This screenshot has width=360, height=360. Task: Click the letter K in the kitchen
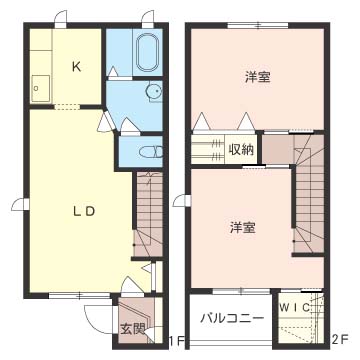pyautogui.click(x=76, y=67)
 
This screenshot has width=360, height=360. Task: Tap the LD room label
pyautogui.click(x=85, y=211)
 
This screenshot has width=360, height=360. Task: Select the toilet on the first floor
pyautogui.click(x=151, y=152)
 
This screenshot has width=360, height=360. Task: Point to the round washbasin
pyautogui.click(x=154, y=91)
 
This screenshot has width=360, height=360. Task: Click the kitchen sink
pyautogui.click(x=41, y=88)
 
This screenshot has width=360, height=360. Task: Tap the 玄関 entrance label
pyautogui.click(x=132, y=330)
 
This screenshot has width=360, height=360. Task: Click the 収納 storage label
pyautogui.click(x=241, y=149)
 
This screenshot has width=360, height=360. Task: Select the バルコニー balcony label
pyautogui.click(x=232, y=318)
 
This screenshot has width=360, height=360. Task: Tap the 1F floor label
pyautogui.click(x=176, y=341)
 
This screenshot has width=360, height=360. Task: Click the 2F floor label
pyautogui.click(x=340, y=340)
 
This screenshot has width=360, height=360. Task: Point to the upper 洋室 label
pyautogui.click(x=257, y=77)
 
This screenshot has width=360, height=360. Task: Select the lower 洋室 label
pyautogui.click(x=243, y=227)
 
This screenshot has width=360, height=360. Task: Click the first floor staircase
pyautogui.click(x=148, y=214)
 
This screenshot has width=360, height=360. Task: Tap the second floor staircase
pyautogui.click(x=308, y=193)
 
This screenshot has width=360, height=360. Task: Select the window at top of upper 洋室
pyautogui.click(x=258, y=25)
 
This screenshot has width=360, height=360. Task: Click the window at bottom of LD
pyautogui.click(x=80, y=295)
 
